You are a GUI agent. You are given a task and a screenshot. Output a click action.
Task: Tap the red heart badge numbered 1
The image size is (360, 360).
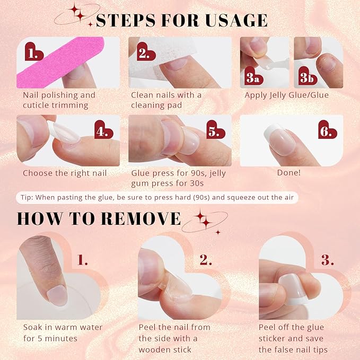tap(34, 52)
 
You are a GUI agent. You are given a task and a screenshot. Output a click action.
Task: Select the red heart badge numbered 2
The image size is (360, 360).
tap(143, 53)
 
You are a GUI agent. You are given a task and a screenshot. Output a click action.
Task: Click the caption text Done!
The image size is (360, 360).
tap(289, 173)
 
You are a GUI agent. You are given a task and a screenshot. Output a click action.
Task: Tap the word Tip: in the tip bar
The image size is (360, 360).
tap(28, 197)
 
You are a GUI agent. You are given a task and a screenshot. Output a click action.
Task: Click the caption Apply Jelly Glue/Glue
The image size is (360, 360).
tap(286, 95)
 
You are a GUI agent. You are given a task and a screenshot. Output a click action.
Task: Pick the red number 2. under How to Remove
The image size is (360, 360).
tap(205, 260)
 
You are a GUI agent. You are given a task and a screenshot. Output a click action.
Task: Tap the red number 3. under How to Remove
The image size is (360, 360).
tap(327, 260)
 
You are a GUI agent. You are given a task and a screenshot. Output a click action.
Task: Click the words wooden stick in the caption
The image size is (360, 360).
tap(164, 349)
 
